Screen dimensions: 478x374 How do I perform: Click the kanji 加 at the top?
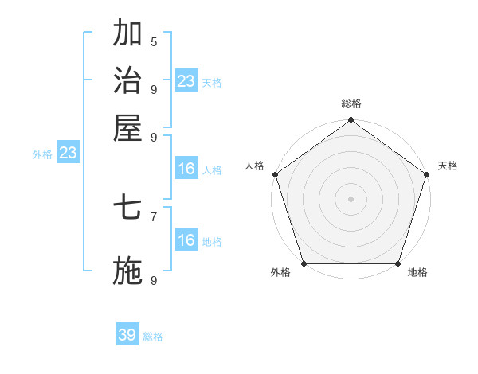[x=127, y=33]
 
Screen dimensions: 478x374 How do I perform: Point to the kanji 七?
[x=127, y=208]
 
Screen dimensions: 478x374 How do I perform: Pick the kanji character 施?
[x=127, y=271]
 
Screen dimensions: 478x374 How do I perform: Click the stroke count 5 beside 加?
[x=154, y=41]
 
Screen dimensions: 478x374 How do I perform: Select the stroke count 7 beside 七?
[x=154, y=216]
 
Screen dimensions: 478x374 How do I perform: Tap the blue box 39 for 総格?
[x=127, y=335]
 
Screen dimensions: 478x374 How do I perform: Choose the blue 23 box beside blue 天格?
[x=186, y=80]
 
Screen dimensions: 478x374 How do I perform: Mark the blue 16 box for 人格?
[x=186, y=169]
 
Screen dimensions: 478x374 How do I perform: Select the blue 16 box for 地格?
[x=186, y=240]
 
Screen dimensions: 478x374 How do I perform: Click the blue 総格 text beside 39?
[x=153, y=337]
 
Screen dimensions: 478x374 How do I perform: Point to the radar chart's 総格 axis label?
[x=351, y=103]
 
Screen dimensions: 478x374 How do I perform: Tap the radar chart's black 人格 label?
[x=255, y=166]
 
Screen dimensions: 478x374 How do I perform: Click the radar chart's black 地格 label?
[x=417, y=273]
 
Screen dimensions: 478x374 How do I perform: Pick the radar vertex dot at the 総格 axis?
[x=351, y=121]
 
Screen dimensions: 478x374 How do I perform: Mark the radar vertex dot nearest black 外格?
[x=304, y=263]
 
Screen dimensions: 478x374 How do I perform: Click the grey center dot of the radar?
[x=351, y=198]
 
